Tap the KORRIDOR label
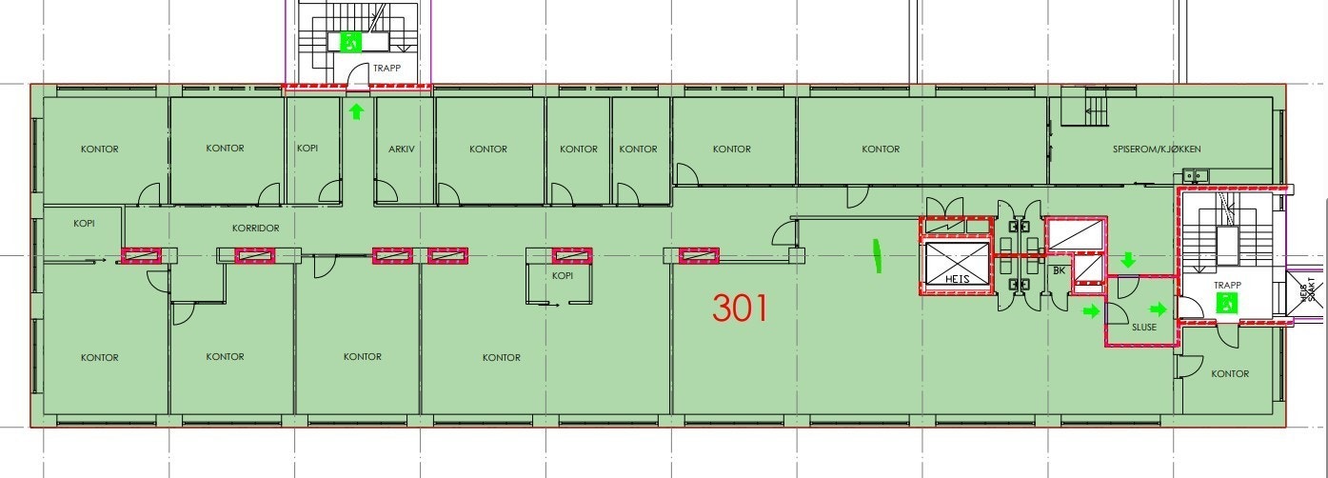coord(255,229)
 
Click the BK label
coord(1059,271)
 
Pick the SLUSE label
coord(1144,328)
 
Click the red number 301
coord(741,308)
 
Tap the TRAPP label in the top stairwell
coord(387,69)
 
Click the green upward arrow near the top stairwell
coord(356,112)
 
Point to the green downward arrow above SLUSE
coord(1128,260)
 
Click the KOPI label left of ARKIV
coord(307,149)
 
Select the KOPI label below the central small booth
coord(562,275)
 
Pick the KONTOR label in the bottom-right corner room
coord(1230,374)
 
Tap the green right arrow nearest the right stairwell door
coord(1159,309)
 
